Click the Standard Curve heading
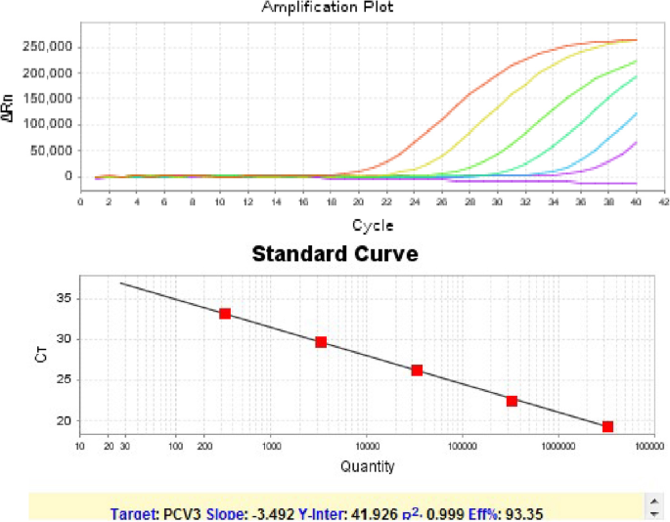click(x=335, y=255)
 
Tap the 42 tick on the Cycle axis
click(x=663, y=201)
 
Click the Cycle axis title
click(x=372, y=225)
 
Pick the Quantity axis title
click(x=367, y=466)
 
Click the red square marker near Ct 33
click(x=225, y=314)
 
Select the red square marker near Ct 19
click(x=607, y=426)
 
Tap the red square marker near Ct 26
click(x=417, y=370)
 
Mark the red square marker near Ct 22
click(x=512, y=401)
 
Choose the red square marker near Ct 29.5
click(x=321, y=342)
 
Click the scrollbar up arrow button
click(x=651, y=500)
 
